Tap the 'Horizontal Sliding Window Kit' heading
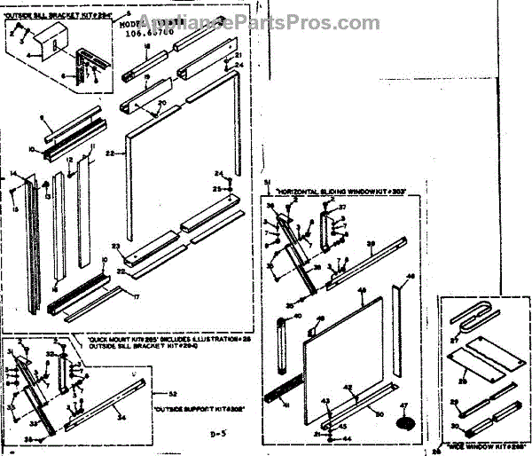coord(340,192)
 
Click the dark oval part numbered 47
coord(406,423)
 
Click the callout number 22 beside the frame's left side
coord(109,153)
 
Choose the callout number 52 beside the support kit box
coord(173,393)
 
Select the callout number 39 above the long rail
coord(371,244)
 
